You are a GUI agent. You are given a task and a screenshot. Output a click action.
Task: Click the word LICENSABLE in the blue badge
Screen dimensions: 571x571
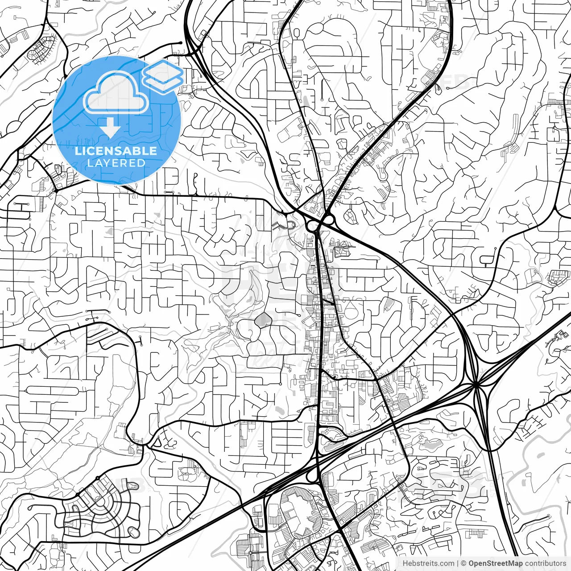pyautogui.click(x=116, y=151)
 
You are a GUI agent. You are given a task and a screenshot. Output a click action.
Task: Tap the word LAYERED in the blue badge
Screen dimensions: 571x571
pyautogui.click(x=116, y=163)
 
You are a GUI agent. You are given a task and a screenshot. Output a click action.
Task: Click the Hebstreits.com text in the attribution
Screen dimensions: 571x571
pyautogui.click(x=428, y=563)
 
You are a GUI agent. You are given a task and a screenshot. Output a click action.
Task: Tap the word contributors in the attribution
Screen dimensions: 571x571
pyautogui.click(x=545, y=563)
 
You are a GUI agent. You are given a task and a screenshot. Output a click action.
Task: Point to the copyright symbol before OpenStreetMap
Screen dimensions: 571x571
pyautogui.click(x=464, y=563)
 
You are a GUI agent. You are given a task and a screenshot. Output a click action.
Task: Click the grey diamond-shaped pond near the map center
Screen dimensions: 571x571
pyautogui.click(x=263, y=319)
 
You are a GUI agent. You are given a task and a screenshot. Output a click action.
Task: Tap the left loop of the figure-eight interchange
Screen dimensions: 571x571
pyautogui.click(x=312, y=226)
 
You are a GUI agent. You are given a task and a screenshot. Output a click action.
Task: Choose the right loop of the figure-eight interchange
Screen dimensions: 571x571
pyautogui.click(x=329, y=219)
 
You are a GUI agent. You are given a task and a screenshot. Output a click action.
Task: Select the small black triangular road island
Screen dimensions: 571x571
pyautogui.click(x=157, y=442)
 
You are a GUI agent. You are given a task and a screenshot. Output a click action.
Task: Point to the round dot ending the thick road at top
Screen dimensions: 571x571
pyautogui.click(x=180, y=43)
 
